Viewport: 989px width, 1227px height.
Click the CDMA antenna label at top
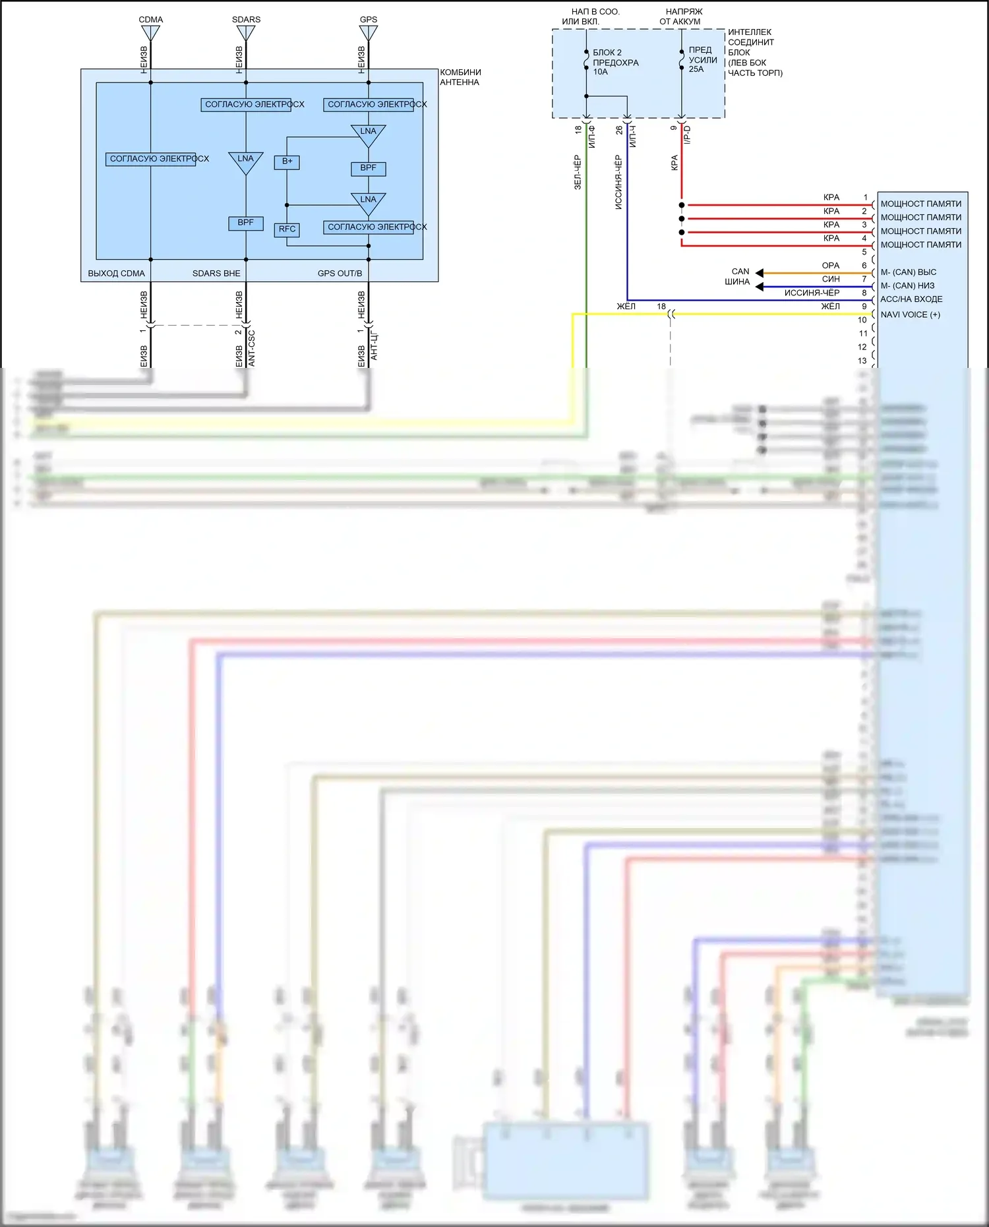(x=150, y=20)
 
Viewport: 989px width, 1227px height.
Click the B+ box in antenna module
(x=287, y=162)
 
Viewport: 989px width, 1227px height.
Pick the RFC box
(x=287, y=229)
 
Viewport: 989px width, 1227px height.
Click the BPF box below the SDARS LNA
(x=245, y=223)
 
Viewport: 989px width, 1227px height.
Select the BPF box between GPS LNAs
(x=368, y=168)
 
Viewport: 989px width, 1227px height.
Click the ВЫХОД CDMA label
(x=116, y=274)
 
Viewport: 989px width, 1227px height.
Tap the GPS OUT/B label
(x=340, y=274)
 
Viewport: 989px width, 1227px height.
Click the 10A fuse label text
(x=600, y=72)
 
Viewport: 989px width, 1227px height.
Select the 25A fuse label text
(x=696, y=69)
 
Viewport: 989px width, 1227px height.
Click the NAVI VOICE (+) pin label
(x=910, y=314)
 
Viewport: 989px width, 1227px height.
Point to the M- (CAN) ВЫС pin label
(x=908, y=272)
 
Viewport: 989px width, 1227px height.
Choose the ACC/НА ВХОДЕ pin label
(x=911, y=299)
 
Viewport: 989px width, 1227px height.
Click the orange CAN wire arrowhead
(x=760, y=273)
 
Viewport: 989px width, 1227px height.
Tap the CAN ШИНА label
(x=738, y=277)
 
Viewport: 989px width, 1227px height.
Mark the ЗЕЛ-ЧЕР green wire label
(x=578, y=173)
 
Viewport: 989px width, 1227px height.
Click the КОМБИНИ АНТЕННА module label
(x=460, y=77)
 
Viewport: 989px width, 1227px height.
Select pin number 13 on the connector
(x=862, y=361)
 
